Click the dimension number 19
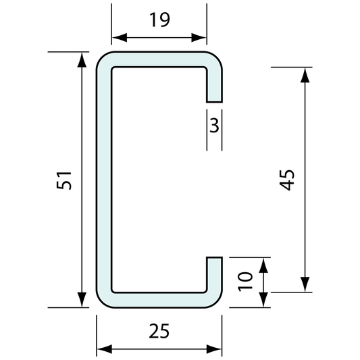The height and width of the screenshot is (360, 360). [x=159, y=20]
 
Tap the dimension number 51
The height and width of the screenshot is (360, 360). [x=63, y=180]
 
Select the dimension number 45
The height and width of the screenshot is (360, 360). [x=288, y=180]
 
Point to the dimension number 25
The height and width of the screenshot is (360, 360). [x=159, y=332]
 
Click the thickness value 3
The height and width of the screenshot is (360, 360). [x=213, y=126]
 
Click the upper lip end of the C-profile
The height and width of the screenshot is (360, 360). [x=213, y=99]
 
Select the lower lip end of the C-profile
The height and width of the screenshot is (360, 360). [x=213, y=259]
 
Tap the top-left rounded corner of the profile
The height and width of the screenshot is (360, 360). [x=103, y=59]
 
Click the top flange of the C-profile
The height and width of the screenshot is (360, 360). [x=159, y=59]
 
